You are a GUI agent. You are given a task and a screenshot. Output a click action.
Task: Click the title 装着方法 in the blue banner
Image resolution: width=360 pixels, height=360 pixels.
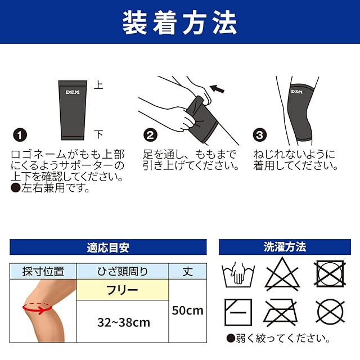(x=180, y=22)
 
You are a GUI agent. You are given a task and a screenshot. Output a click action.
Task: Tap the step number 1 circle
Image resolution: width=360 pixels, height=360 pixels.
(x=20, y=135)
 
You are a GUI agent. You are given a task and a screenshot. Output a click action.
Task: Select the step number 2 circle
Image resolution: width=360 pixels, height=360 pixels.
(x=150, y=135)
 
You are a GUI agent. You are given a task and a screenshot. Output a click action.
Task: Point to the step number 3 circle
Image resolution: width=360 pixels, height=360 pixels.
(x=260, y=135)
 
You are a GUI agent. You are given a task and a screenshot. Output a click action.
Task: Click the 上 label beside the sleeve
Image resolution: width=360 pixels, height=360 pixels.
(x=99, y=85)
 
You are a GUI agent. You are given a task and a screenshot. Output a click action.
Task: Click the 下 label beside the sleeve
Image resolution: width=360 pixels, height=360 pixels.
(x=99, y=134)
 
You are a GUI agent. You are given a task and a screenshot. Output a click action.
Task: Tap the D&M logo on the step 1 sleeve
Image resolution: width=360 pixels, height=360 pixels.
(x=73, y=92)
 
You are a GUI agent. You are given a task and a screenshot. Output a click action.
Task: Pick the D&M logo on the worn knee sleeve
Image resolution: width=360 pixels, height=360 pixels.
(x=296, y=92)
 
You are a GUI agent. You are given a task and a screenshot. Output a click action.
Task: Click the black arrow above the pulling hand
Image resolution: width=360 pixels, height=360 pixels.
(x=217, y=89)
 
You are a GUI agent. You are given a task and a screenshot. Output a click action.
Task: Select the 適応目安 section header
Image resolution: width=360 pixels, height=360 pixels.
(x=108, y=247)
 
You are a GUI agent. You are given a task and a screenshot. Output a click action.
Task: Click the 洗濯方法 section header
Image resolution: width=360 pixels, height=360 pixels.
(x=285, y=247)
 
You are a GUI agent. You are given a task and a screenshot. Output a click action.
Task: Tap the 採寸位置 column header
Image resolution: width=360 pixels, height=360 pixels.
(x=43, y=271)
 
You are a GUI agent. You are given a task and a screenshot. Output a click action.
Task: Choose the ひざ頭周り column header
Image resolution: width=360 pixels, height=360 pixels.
(x=123, y=271)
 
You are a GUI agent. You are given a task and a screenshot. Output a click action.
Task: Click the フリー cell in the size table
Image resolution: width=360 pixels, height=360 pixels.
(x=122, y=290)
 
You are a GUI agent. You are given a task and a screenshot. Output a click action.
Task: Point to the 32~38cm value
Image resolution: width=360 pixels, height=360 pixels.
(x=124, y=322)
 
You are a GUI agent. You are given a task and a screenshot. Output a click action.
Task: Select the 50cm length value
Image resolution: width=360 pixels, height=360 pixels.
(x=188, y=310)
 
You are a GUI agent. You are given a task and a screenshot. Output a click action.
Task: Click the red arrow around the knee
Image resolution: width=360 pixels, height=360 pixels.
(x=37, y=310)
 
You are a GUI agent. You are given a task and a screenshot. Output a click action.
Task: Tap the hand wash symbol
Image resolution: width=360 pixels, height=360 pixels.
(x=238, y=274)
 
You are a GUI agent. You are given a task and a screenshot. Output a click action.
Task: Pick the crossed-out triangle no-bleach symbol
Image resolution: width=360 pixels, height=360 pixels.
(x=282, y=274)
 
